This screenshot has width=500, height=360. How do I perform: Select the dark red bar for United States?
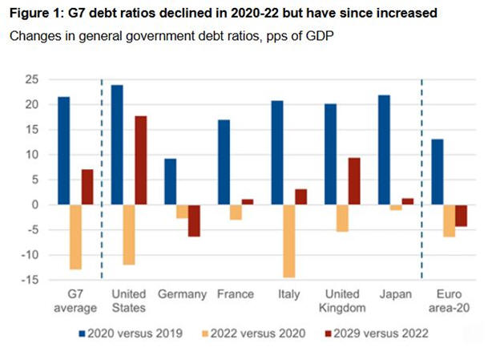(140, 160)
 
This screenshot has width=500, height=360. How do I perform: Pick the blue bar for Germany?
(171, 181)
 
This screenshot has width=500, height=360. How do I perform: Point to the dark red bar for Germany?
(194, 220)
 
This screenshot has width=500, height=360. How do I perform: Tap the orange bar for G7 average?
(75, 237)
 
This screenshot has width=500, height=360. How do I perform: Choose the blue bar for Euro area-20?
(437, 172)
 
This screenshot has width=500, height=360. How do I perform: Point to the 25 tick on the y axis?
(34, 79)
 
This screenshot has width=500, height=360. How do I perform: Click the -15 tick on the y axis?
(31, 279)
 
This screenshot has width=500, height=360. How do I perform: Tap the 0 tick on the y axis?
(36, 204)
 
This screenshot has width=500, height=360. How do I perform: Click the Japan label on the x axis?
(395, 294)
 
